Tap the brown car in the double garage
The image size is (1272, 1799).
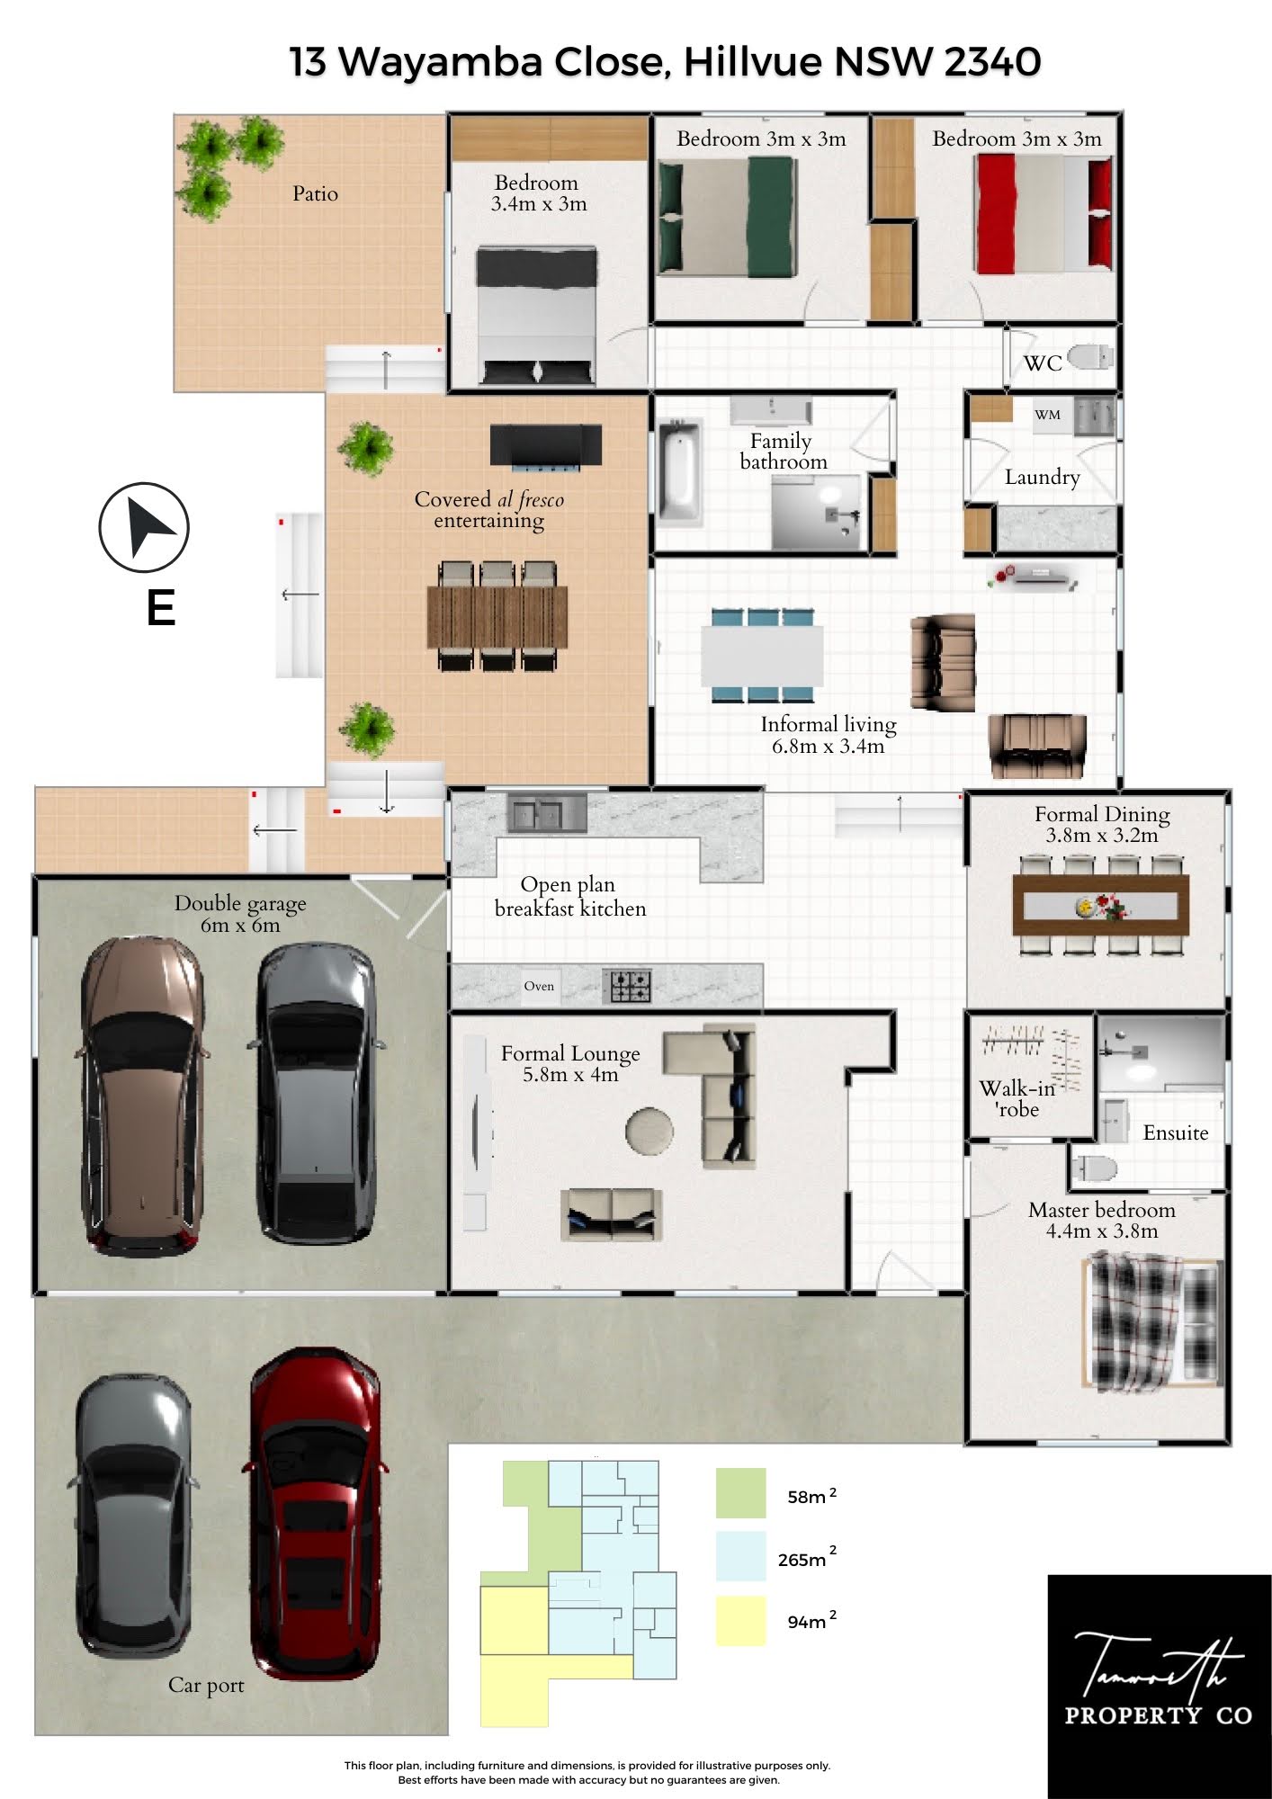click(142, 1096)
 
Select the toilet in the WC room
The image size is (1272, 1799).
click(1090, 357)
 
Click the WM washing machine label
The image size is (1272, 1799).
click(1047, 415)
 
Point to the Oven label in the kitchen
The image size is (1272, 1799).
click(539, 986)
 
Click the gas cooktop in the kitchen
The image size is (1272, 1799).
click(631, 985)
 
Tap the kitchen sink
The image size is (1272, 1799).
click(547, 813)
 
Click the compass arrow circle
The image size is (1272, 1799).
click(144, 528)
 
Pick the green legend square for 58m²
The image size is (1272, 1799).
click(741, 1493)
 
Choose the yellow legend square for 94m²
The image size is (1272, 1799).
click(741, 1621)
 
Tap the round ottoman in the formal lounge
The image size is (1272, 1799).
click(649, 1131)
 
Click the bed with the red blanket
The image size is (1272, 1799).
click(1043, 213)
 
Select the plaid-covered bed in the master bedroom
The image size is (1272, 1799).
click(1152, 1322)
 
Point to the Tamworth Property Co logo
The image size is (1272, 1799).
click(1160, 1687)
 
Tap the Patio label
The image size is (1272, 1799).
click(315, 193)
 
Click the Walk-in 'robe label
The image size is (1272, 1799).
click(1017, 1098)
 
